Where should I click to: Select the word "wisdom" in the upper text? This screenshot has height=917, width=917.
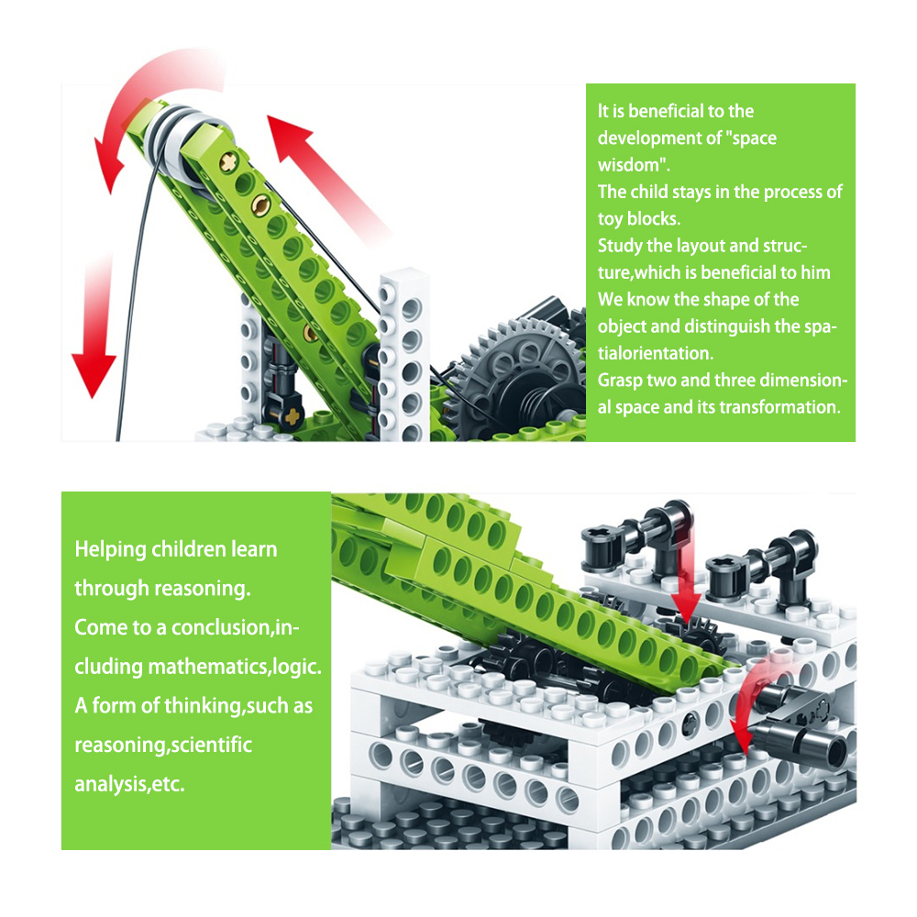[634, 165]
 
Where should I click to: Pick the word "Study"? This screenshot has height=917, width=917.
[621, 246]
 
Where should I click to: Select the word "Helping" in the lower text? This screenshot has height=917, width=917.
[110, 549]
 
